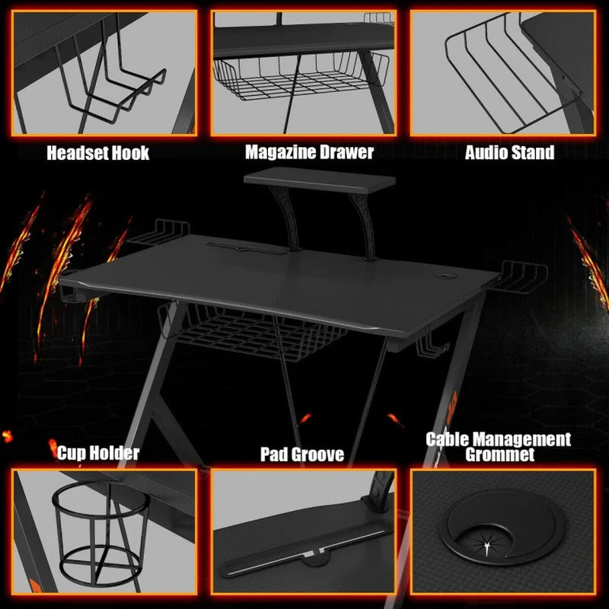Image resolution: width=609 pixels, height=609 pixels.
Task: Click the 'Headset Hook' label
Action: point(98,153)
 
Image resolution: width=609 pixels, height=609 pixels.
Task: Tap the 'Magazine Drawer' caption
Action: point(309,152)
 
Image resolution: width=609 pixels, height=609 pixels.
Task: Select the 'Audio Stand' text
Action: point(509,153)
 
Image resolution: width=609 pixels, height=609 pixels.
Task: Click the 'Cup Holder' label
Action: point(98,454)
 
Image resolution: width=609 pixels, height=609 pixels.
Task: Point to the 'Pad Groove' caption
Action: point(301,455)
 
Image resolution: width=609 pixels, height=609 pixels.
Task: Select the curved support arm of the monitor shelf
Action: point(289,221)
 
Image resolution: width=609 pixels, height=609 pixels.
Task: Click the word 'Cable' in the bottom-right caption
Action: point(451,440)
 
